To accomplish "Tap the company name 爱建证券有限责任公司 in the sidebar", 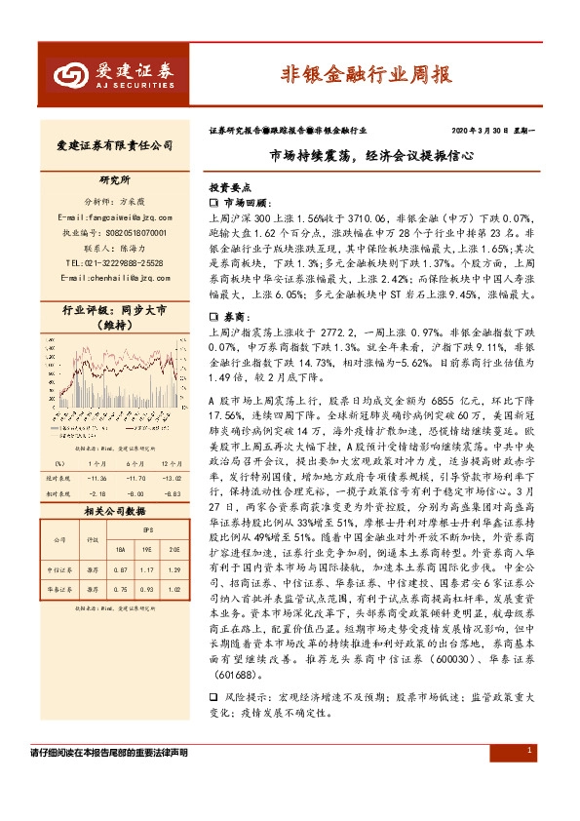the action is [109, 145].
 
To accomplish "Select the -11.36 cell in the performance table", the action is [97, 479].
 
